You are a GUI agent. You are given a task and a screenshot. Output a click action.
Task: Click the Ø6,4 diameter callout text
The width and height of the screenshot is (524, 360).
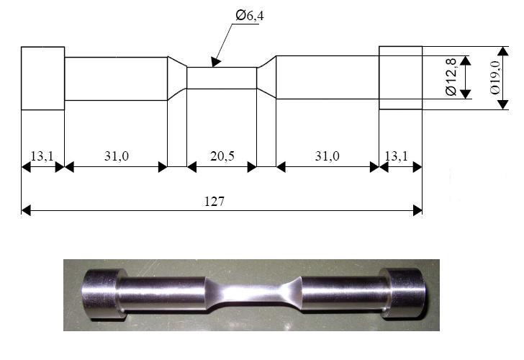pos(249,15)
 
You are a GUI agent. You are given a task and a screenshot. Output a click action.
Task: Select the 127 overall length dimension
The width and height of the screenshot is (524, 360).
pos(214,201)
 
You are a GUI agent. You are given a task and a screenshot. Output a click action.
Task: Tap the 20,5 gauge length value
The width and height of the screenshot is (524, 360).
pos(222,156)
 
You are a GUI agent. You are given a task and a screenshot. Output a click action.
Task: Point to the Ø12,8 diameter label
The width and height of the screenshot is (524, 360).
pos(451,77)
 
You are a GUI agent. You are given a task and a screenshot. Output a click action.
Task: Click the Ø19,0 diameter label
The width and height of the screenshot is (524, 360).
pos(495,78)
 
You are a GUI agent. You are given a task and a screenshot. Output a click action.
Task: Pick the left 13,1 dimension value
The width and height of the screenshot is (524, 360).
pos(42,156)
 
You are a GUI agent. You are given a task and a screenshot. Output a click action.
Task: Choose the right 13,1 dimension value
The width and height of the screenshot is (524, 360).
pos(397,156)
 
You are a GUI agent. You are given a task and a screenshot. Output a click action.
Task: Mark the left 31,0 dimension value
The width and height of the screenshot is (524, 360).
pos(117,156)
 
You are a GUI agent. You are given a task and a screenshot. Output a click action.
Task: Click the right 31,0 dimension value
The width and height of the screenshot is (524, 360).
pos(327,156)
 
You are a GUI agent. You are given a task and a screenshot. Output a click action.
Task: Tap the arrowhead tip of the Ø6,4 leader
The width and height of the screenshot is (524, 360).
pos(213,67)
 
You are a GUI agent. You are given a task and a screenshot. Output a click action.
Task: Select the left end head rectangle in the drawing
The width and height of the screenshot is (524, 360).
pos(42,78)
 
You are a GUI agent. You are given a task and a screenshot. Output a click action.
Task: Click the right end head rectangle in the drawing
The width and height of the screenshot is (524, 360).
pos(401,78)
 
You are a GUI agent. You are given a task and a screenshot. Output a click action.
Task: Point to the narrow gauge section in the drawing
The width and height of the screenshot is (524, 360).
pos(222,78)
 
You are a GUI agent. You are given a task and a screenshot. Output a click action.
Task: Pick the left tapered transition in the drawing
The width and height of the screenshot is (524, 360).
pos(177,78)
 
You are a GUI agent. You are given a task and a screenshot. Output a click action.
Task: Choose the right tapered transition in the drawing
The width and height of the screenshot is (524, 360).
pos(266,77)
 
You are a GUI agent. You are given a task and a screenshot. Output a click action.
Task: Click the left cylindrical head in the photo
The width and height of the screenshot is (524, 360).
pos(100,294)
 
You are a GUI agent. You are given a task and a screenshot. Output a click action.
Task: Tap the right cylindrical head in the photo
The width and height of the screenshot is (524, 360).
pos(404,293)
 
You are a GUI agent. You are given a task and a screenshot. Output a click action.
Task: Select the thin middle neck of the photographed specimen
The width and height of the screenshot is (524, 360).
pos(253,294)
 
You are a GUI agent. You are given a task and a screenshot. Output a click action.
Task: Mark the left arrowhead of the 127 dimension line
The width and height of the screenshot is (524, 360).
pos(26,210)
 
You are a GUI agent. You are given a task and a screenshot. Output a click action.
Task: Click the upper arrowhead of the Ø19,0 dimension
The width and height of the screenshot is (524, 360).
pos(503,51)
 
